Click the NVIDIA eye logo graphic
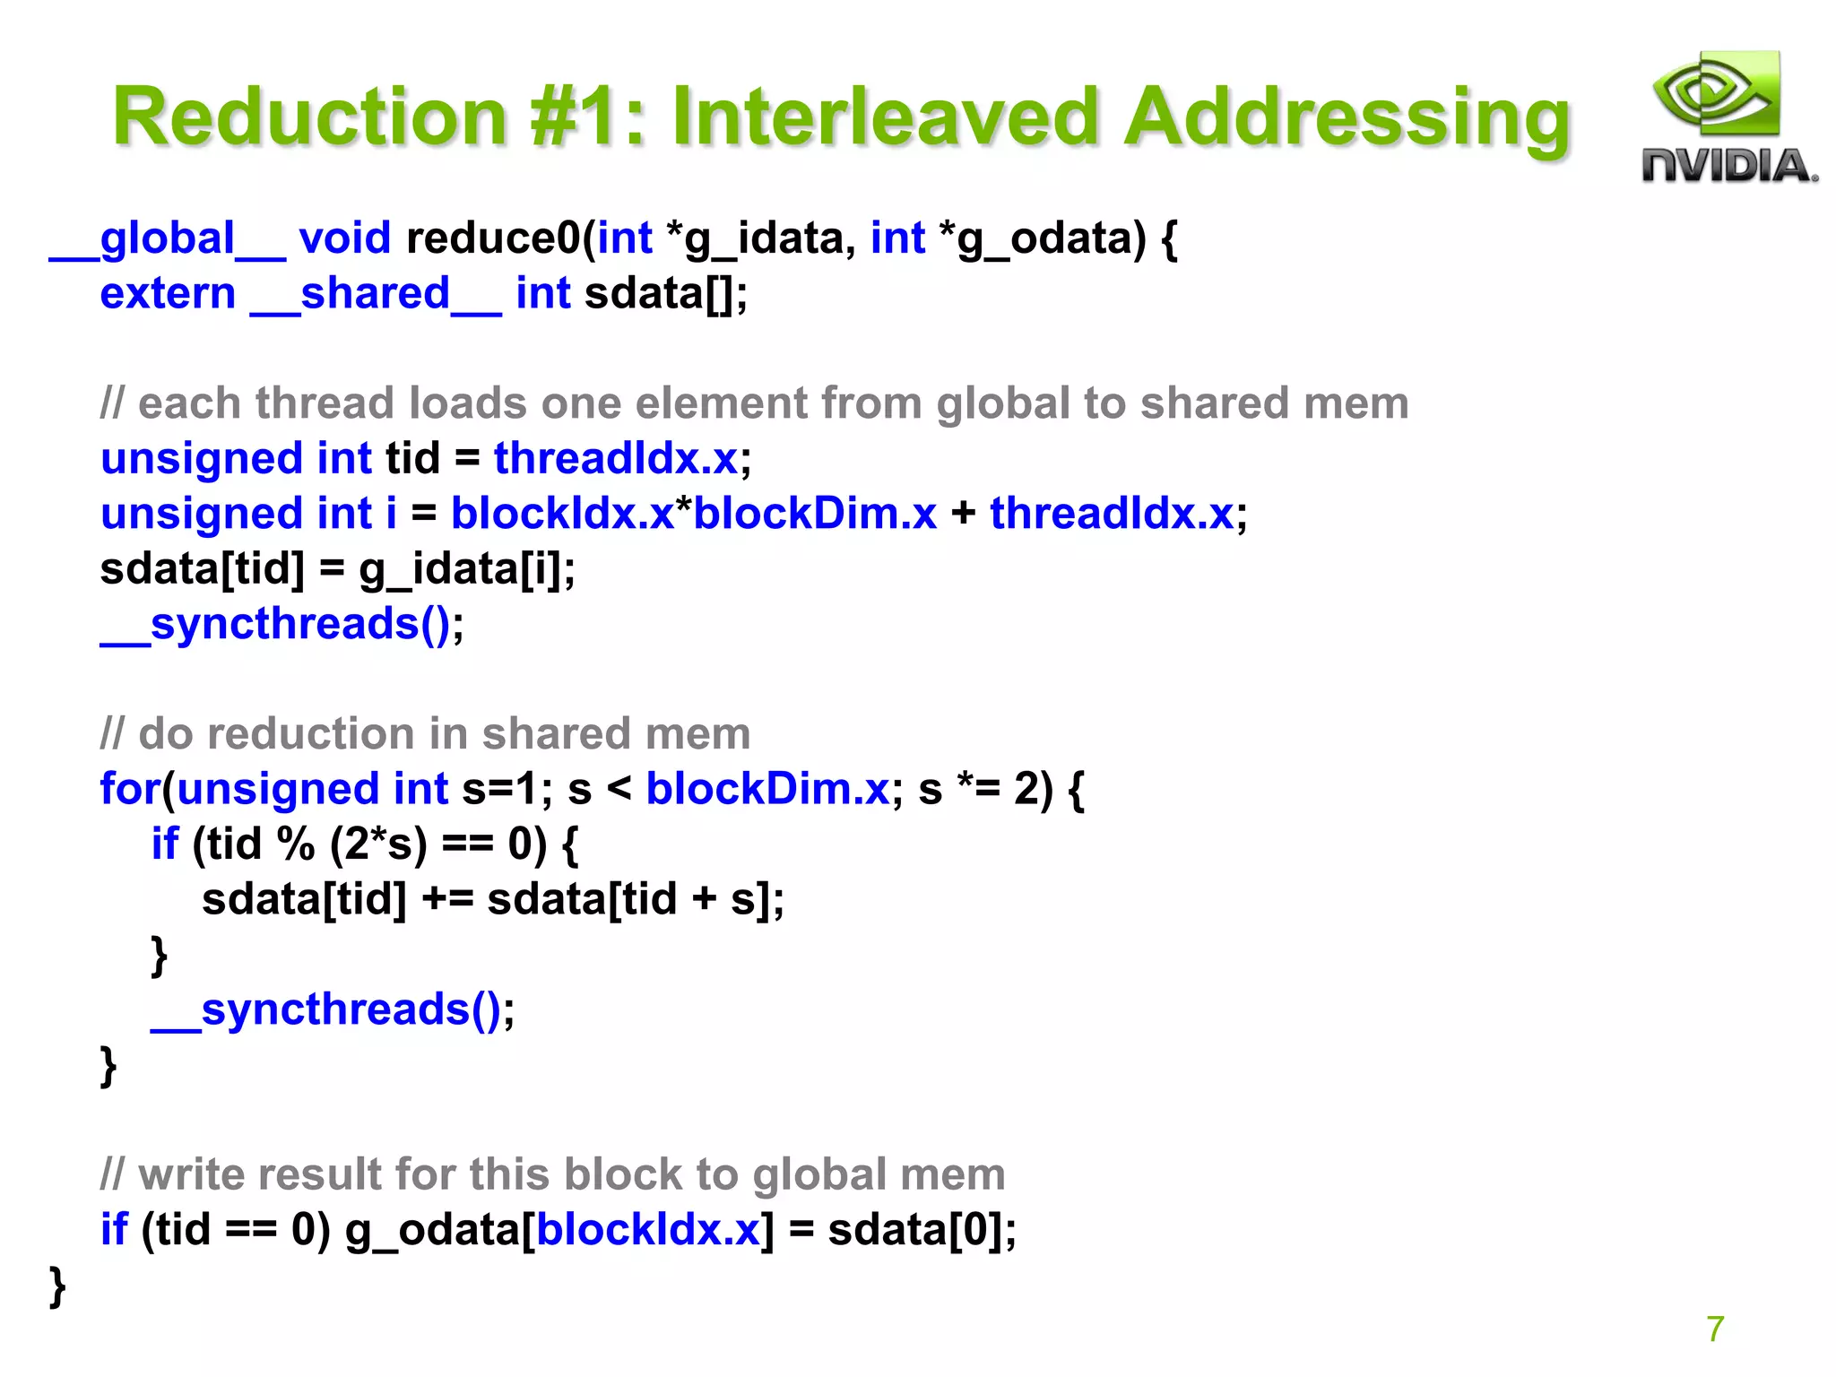pyautogui.click(x=1715, y=94)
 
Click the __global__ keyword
pyautogui.click(x=168, y=239)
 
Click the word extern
pyautogui.click(x=168, y=294)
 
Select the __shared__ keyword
pyautogui.click(x=375, y=294)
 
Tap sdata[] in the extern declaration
pyautogui.click(x=663, y=294)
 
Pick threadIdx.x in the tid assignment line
pyautogui.click(x=616, y=458)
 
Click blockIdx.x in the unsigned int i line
pyautogui.click(x=561, y=514)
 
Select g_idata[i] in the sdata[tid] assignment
pyautogui.click(x=466, y=569)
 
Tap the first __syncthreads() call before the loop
pyautogui.click(x=276, y=624)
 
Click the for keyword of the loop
pyautogui.click(x=129, y=789)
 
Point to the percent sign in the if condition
pyautogui.click(x=295, y=844)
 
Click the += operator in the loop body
pyautogui.click(x=446, y=899)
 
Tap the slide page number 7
pyautogui.click(x=1715, y=1329)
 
